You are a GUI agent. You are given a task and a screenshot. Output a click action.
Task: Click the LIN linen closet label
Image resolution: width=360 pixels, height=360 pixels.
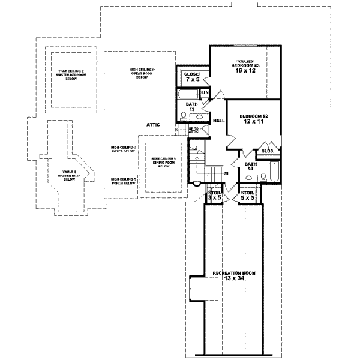[x=204, y=93]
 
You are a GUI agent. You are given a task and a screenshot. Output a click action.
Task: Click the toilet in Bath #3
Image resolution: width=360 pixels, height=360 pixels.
[x=184, y=117]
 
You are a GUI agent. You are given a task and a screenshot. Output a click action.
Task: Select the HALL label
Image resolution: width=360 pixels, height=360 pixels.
[x=218, y=121]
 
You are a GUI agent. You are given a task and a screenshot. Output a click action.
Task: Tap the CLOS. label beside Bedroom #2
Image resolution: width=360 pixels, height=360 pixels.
[x=268, y=151]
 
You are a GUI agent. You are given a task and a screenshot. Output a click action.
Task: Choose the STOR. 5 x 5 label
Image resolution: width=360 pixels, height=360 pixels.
[x=247, y=195]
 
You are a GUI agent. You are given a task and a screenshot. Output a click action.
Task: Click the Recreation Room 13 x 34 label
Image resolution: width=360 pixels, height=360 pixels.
[x=234, y=276]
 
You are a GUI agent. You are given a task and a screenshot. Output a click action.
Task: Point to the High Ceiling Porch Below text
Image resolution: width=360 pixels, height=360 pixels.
[x=122, y=182]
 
